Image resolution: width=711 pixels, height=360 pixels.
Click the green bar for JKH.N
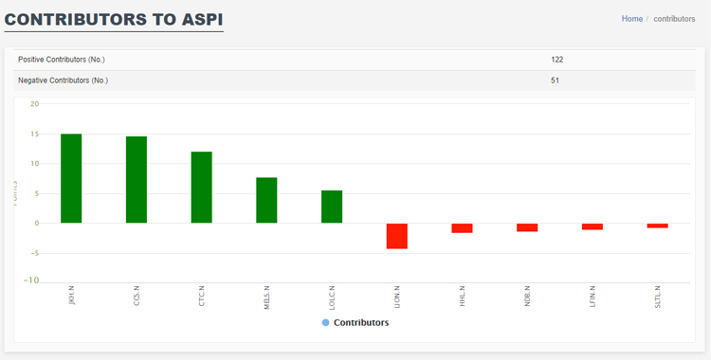tap(71, 178)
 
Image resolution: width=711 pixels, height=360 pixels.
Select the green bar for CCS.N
tap(137, 180)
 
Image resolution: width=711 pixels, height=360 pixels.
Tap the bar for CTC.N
tap(201, 188)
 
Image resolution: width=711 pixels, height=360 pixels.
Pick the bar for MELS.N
tap(266, 200)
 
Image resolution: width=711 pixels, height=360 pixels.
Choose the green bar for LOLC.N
tap(332, 207)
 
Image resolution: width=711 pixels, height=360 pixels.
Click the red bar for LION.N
tap(396, 236)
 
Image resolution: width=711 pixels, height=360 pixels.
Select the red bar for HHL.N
tap(462, 228)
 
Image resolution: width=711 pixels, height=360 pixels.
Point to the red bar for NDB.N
tap(527, 227)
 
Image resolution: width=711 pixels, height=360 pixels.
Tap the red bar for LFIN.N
tap(592, 226)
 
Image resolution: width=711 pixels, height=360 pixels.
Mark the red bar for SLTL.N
tap(657, 225)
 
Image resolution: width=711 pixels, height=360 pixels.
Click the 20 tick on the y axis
tap(34, 104)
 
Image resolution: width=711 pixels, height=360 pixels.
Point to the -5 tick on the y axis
tap(34, 253)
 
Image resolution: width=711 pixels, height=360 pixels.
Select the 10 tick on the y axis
tap(34, 164)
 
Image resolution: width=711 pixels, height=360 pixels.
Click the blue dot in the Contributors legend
tap(325, 323)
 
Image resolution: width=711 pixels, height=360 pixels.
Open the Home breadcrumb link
tap(631, 19)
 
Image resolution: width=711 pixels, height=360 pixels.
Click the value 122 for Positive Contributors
tap(556, 60)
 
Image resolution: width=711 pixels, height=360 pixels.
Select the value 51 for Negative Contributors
tap(555, 81)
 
